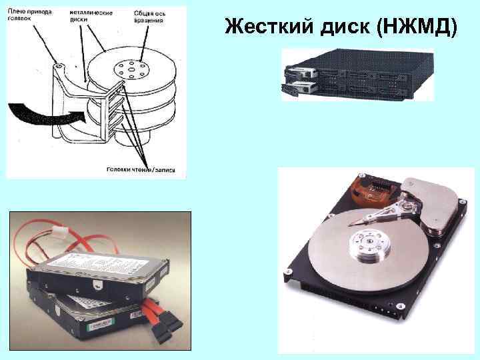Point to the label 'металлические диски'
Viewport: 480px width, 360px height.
pyautogui.click(x=91, y=15)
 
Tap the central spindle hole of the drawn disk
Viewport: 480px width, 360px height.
pyautogui.click(x=130, y=69)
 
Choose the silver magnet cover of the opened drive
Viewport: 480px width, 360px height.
pyautogui.click(x=437, y=207)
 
